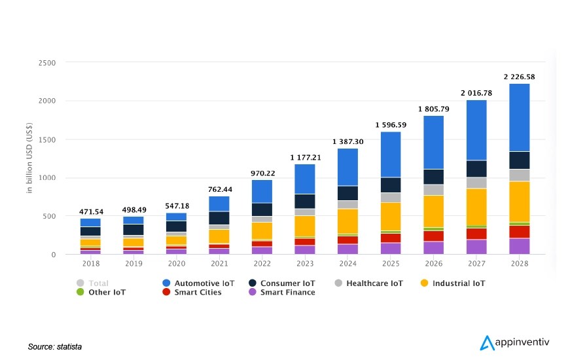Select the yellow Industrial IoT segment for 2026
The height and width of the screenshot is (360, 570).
point(433,211)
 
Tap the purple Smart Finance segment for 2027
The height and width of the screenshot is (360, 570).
point(476,247)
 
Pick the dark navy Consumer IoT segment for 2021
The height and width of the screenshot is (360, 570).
point(219,218)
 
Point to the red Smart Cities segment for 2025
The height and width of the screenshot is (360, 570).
point(391,238)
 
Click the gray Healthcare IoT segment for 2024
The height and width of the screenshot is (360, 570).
point(347,204)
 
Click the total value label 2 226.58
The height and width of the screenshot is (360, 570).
point(519,77)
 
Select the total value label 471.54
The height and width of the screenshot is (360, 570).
point(91,211)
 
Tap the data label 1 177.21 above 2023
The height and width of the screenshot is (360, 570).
point(305,157)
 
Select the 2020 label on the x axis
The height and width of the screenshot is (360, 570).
point(177,263)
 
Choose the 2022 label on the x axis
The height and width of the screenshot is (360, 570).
point(262,263)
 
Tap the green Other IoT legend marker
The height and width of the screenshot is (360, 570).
point(80,292)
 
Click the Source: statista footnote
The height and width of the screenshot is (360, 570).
point(55,346)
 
